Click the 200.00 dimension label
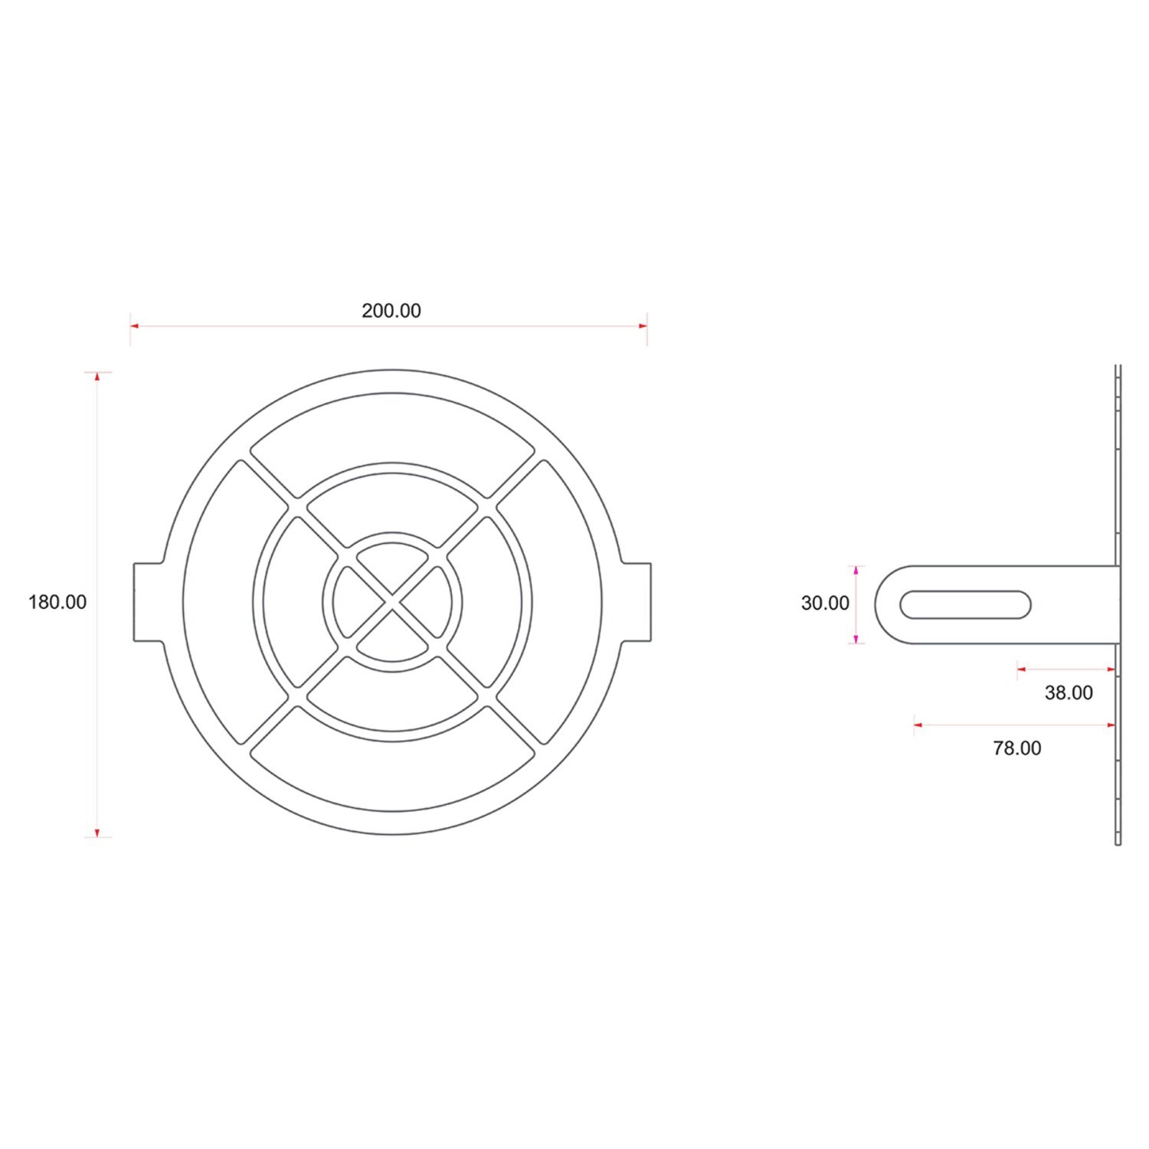391,310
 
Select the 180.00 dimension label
57,602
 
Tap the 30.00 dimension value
825,604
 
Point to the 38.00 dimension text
1069,693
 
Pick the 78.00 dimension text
1016,748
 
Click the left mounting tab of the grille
149,602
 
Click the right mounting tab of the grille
636,602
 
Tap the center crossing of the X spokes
392,602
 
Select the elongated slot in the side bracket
965,605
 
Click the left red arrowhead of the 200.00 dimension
134,326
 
